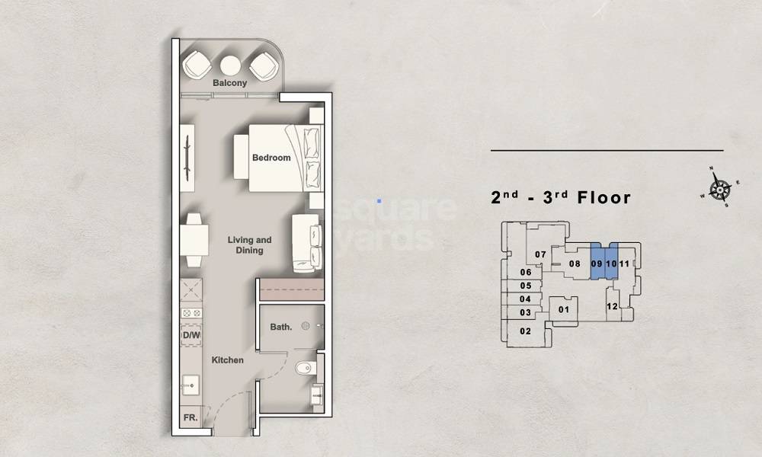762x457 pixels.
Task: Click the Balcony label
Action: tap(229, 83)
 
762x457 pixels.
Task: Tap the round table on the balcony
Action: tap(230, 65)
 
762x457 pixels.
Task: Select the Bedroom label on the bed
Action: tap(271, 158)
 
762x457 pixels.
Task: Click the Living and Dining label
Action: tap(249, 244)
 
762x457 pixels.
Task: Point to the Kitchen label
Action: tap(227, 360)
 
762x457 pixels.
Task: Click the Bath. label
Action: tap(280, 328)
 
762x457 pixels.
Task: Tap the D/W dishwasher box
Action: tap(191, 335)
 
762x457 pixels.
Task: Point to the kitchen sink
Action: tap(191, 385)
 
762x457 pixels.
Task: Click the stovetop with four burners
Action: tap(191, 313)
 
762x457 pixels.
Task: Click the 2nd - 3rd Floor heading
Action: tap(561, 198)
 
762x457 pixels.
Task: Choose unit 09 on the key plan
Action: tap(596, 264)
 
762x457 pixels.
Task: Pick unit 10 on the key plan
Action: tap(610, 264)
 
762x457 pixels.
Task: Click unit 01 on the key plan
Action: tap(564, 309)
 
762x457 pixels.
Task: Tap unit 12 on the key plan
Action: tap(611, 306)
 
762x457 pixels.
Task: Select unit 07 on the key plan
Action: tap(540, 254)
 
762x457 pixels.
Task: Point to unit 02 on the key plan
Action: tap(525, 331)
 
